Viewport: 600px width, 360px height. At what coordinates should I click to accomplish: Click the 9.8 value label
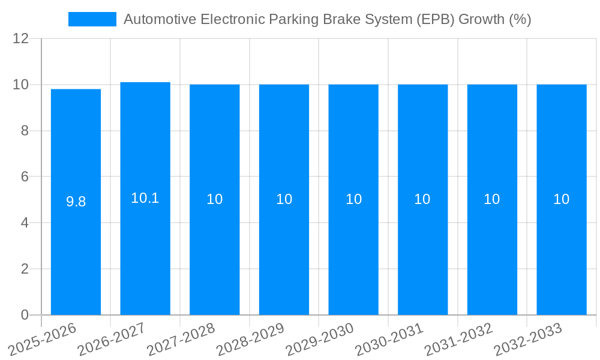(x=76, y=202)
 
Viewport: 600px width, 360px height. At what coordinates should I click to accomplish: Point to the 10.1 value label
(x=145, y=198)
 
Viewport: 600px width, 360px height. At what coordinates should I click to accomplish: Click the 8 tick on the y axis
(x=25, y=131)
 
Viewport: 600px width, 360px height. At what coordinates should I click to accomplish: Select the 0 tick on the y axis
(x=25, y=315)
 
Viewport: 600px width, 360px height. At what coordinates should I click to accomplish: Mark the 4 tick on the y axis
(x=25, y=223)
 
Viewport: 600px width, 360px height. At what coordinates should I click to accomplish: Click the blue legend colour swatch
(x=92, y=19)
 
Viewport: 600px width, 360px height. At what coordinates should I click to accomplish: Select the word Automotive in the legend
(x=160, y=19)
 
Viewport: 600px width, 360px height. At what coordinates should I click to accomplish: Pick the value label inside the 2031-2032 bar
(x=492, y=199)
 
